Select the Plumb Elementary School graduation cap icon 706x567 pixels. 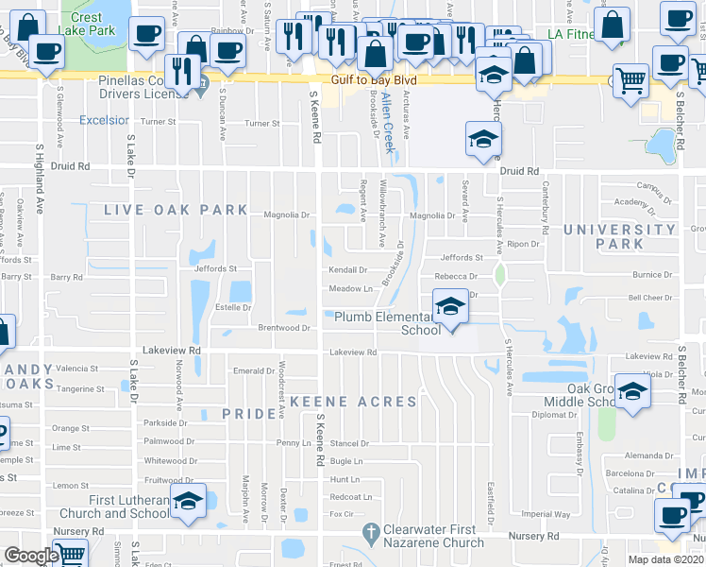click(451, 308)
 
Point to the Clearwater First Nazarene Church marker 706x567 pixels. click(366, 534)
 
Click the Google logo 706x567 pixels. click(31, 556)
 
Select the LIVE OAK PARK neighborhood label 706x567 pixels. click(176, 210)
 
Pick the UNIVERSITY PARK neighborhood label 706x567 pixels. click(619, 236)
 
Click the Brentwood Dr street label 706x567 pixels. click(284, 328)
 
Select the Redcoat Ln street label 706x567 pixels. click(351, 496)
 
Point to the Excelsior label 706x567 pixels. click(104, 120)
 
